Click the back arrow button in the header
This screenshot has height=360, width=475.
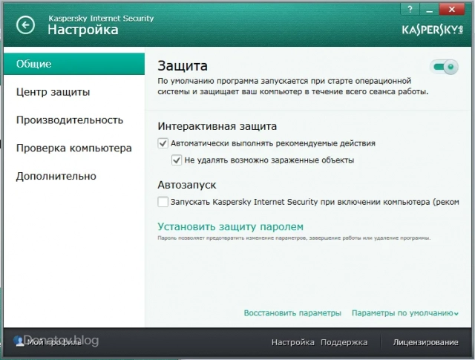click(26, 25)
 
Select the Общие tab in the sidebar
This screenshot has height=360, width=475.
click(72, 64)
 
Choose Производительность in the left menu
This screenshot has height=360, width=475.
click(70, 120)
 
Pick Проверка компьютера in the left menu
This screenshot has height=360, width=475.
click(74, 148)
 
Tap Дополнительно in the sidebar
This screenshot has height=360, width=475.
click(56, 176)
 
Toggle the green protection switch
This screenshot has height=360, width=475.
click(445, 68)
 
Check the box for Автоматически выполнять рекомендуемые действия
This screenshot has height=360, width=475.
click(163, 143)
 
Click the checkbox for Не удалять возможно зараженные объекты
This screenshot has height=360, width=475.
click(177, 159)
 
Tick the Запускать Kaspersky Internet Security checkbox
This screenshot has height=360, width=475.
click(163, 201)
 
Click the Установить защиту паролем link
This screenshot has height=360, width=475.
click(231, 226)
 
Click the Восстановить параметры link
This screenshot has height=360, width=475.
click(292, 313)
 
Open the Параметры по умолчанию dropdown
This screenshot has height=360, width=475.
click(404, 313)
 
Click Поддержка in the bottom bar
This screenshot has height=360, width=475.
click(344, 342)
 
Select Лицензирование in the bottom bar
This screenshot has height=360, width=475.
click(425, 342)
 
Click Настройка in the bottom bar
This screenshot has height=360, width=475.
click(293, 342)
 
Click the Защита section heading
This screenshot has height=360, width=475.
click(183, 66)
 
